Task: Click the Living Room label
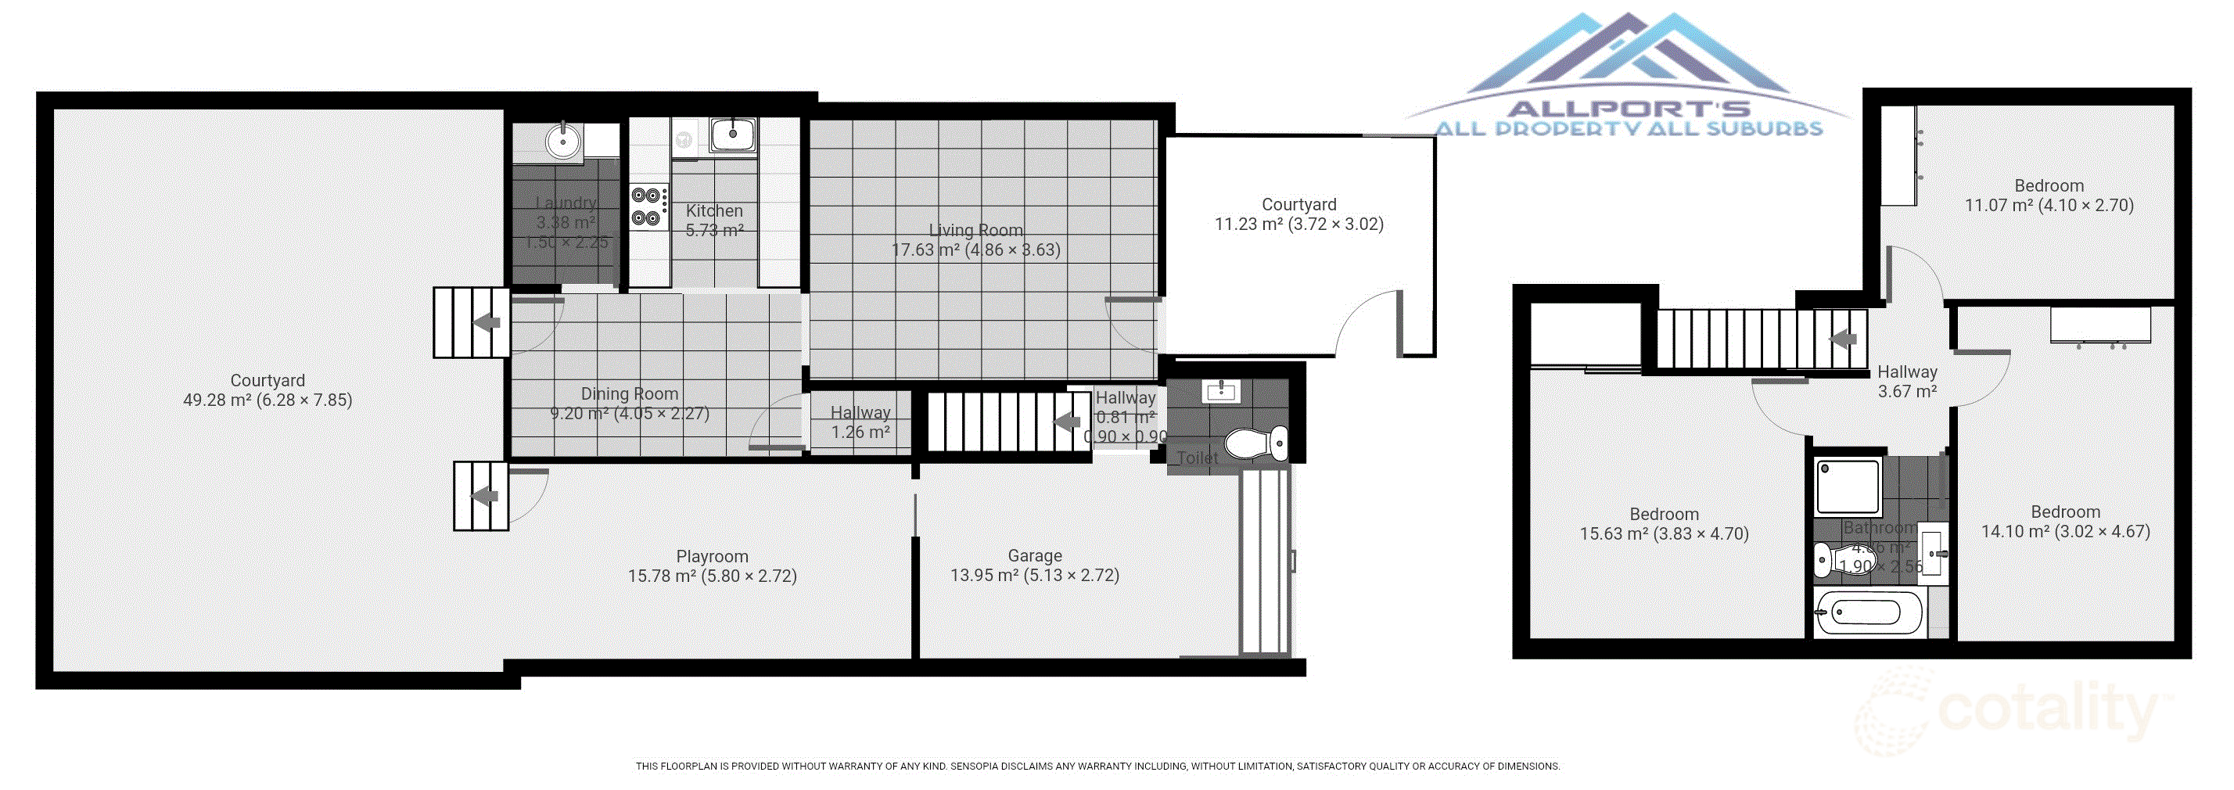coord(975,231)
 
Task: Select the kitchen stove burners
coord(647,206)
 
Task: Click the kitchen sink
coord(733,135)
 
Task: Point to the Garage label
coord(1035,556)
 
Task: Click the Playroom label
coord(712,557)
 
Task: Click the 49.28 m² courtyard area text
coord(267,400)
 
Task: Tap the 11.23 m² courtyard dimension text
coord(1298,224)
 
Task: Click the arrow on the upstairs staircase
coord(1843,339)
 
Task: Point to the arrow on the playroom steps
coord(485,497)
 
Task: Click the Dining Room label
coord(630,393)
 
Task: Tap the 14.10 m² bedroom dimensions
coord(2065,532)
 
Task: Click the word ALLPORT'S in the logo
coord(1629,109)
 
